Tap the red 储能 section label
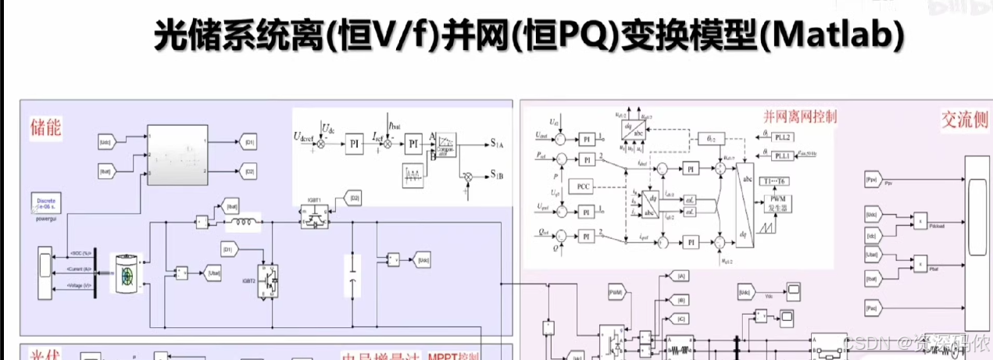[45, 127]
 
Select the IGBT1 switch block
[316, 219]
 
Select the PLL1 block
[783, 156]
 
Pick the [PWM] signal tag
[616, 292]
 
